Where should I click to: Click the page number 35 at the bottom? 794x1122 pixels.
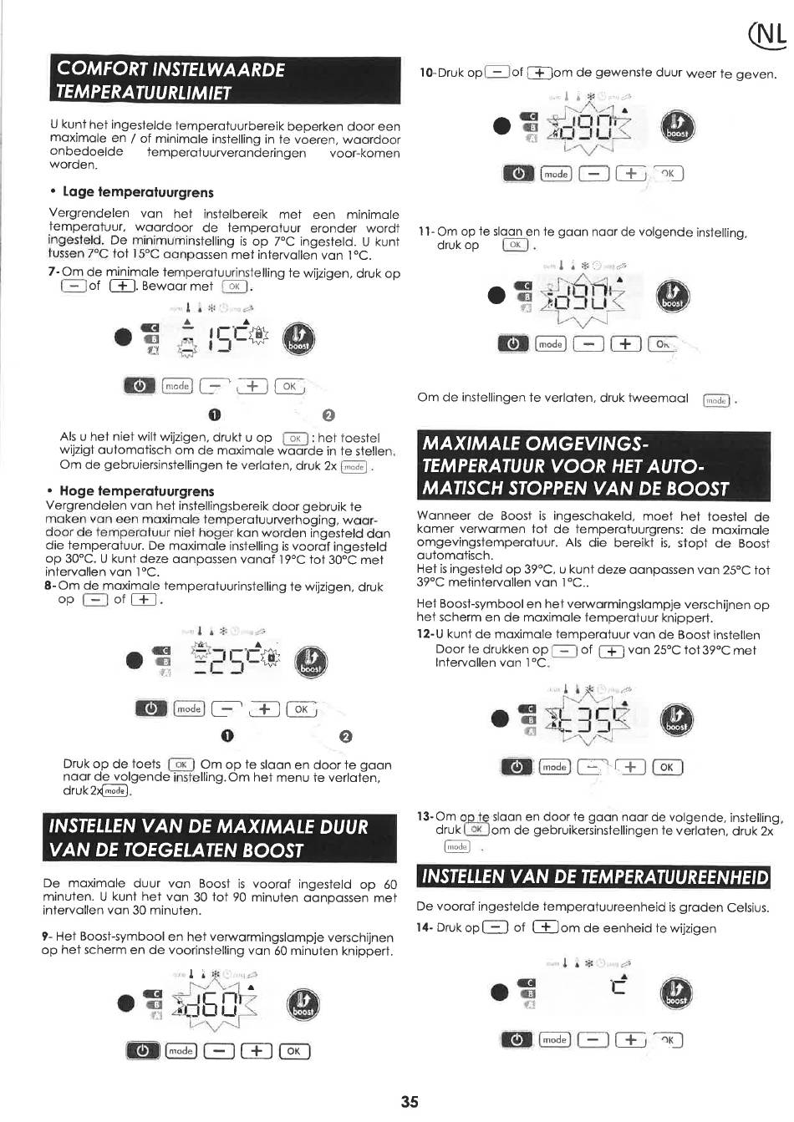coord(409,1102)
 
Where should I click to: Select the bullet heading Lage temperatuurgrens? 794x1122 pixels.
coord(138,192)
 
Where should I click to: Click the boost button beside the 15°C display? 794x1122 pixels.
coord(298,338)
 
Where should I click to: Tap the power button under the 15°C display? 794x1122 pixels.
coord(139,386)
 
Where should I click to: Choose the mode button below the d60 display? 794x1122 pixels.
coord(181,1051)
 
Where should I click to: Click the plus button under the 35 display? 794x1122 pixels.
coord(629,767)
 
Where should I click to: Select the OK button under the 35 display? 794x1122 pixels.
coord(666,767)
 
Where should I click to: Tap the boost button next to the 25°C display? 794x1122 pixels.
coord(312,663)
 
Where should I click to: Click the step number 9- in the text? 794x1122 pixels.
coord(47,937)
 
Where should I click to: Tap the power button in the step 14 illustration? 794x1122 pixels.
coord(516,1040)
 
